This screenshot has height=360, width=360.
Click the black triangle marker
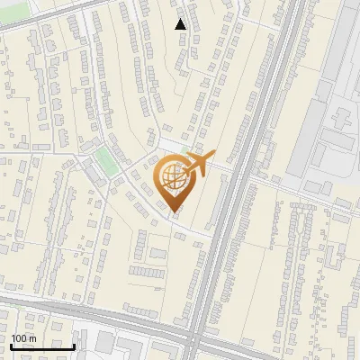tap(181, 24)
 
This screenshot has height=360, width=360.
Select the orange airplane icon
tap(200, 165)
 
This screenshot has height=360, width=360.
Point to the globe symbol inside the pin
tap(173, 176)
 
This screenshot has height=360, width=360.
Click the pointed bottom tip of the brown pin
tap(174, 211)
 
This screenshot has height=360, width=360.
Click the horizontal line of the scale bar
tap(42, 346)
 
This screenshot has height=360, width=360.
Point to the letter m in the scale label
tap(33, 338)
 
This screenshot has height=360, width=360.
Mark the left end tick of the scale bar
tap(11, 345)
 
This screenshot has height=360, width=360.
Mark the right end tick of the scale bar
tap(75, 345)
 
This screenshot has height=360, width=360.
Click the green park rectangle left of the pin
tap(107, 162)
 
